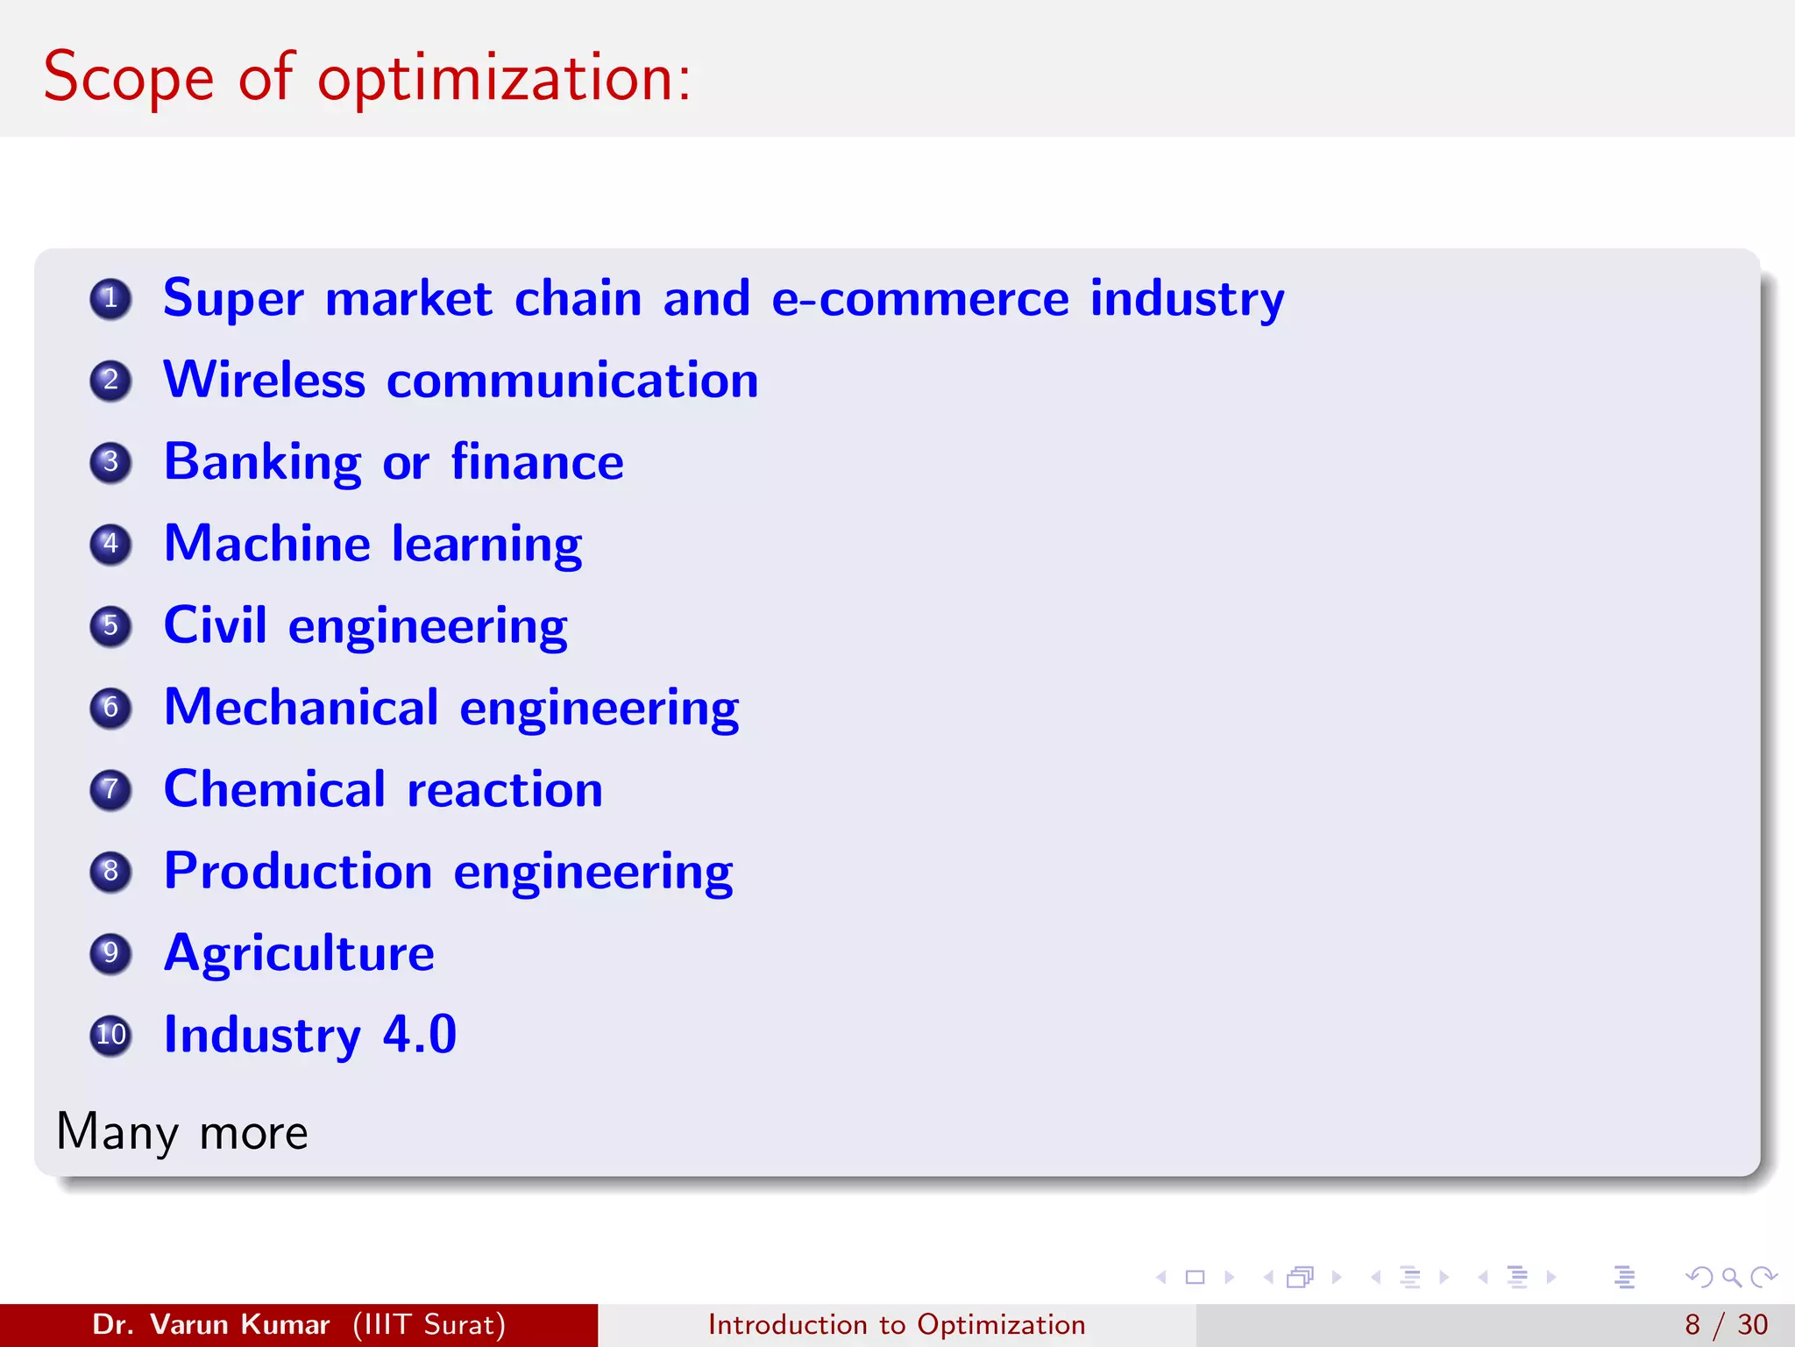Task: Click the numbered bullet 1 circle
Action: pos(110,299)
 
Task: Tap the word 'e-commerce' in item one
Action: pos(919,299)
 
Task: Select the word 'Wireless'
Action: pos(265,381)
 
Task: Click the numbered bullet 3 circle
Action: pos(110,462)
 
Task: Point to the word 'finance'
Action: pos(537,462)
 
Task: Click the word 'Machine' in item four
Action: pos(267,544)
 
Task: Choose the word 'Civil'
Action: pos(215,625)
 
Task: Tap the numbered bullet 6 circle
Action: pos(110,708)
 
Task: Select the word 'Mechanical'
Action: pos(301,708)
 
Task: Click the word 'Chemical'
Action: pos(274,789)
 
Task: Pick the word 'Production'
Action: pos(298,872)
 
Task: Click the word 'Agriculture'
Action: pos(299,953)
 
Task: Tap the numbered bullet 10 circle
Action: pos(110,1035)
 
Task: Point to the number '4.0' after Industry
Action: pos(420,1035)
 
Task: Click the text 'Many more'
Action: pos(182,1132)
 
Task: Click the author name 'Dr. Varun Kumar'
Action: pos(210,1324)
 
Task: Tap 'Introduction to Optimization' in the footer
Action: pos(897,1324)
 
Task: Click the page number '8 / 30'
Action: pos(1726,1324)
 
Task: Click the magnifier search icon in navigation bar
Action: pos(1731,1277)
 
